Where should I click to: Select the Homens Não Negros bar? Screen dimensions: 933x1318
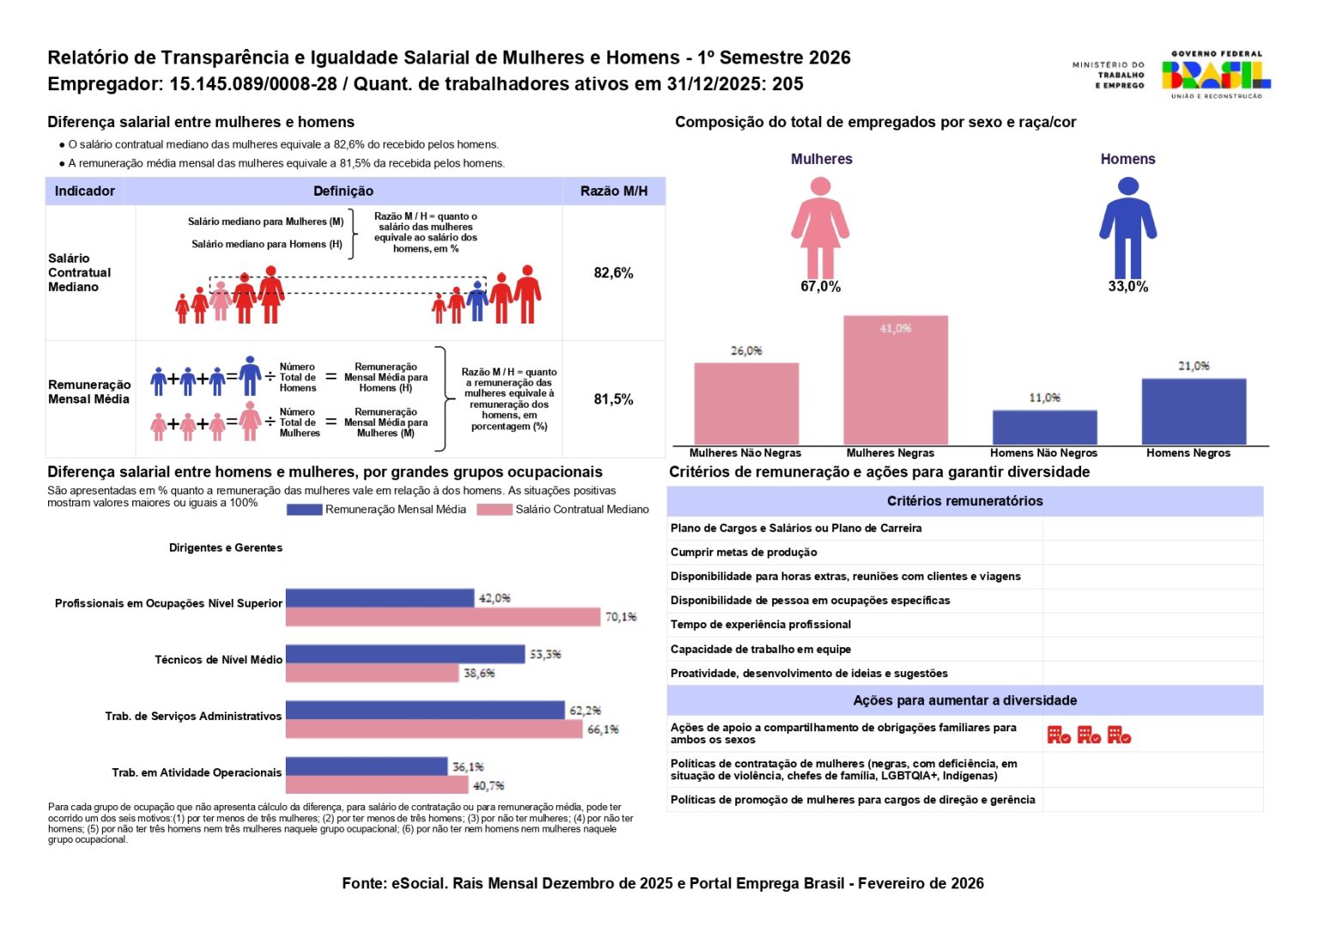coord(1044,427)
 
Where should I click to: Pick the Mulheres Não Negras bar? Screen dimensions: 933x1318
coord(746,403)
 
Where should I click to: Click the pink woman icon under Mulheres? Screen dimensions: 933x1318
coord(820,227)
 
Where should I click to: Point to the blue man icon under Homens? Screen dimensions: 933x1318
coord(1128,227)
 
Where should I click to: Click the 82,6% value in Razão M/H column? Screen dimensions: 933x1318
coord(614,273)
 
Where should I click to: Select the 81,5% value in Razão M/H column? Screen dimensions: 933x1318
coord(614,399)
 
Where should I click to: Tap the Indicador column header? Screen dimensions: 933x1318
coord(85,191)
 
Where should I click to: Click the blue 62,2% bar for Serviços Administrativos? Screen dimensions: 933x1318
coord(425,711)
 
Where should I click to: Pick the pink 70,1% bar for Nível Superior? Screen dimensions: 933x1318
coord(443,617)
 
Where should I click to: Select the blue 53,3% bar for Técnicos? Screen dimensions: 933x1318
coord(405,654)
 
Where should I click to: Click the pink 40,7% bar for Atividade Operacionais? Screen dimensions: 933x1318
coord(377,785)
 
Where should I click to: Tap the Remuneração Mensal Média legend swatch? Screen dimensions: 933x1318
coord(304,510)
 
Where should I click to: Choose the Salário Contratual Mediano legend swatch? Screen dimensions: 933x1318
coord(494,510)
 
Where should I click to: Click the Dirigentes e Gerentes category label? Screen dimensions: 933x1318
coord(226,548)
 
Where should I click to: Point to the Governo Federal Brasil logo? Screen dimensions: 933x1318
coord(1216,75)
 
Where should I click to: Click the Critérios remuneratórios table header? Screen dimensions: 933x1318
coord(964,501)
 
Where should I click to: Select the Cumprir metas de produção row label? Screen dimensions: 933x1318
coord(744,553)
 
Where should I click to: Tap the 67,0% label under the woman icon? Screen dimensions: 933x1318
coord(820,287)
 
